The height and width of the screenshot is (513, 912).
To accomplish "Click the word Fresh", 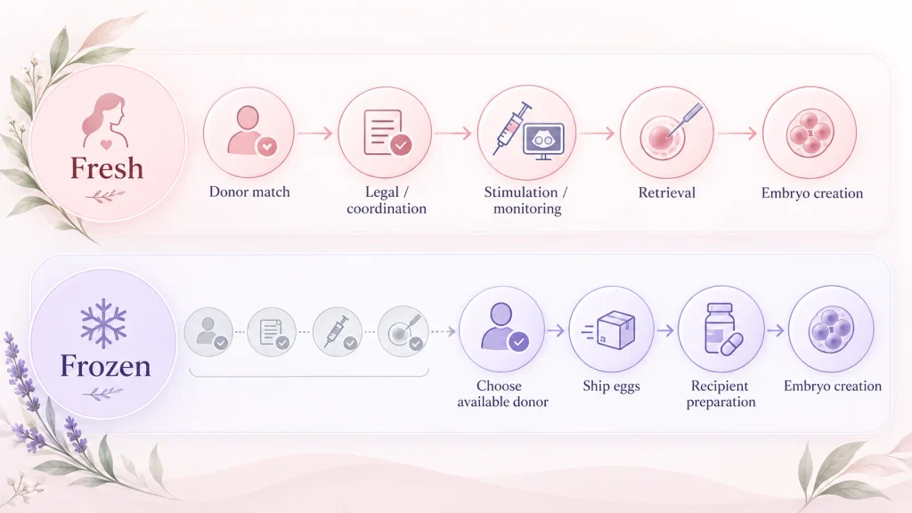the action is (107, 168).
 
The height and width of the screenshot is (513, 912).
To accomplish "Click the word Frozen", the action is (105, 366).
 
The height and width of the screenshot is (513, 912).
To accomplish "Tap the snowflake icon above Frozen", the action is (103, 323).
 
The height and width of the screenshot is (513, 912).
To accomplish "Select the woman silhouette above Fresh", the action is (105, 121).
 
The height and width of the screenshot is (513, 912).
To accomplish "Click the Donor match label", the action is (249, 192).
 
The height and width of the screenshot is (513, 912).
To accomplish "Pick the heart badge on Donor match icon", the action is (267, 147).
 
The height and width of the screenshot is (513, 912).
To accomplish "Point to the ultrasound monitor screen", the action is (544, 140).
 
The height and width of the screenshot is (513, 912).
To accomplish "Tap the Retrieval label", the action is (666, 192).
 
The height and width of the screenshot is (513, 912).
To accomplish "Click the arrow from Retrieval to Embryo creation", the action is (737, 134).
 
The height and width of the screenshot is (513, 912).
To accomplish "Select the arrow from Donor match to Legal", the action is (314, 134).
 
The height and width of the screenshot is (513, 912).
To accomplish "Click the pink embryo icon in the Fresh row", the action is (810, 134).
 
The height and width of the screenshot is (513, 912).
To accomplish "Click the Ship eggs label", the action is (611, 387).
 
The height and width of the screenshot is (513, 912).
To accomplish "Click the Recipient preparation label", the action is (721, 394).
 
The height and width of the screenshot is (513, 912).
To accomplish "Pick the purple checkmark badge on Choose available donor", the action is (519, 341).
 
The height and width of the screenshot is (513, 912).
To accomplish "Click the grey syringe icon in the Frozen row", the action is (337, 330).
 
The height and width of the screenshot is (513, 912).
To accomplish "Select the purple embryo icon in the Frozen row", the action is (831, 330).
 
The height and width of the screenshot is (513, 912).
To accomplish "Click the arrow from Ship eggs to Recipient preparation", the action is (665, 330).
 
